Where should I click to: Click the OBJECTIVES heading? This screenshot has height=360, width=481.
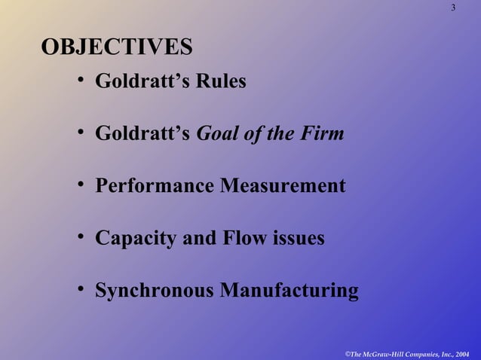pyautogui.click(x=116, y=47)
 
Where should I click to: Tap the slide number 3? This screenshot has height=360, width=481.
pyautogui.click(x=453, y=8)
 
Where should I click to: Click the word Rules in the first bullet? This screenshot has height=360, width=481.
pyautogui.click(x=221, y=81)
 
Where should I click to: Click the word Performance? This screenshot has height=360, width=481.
pyautogui.click(x=155, y=185)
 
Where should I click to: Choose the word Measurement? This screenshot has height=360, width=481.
pyautogui.click(x=283, y=185)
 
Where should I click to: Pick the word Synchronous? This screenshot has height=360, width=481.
pyautogui.click(x=154, y=291)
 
